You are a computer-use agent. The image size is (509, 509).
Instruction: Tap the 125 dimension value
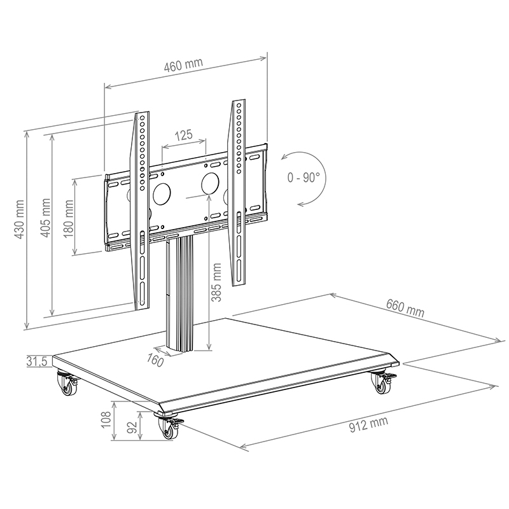(x=184, y=135)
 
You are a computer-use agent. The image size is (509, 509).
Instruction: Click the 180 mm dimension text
(x=68, y=216)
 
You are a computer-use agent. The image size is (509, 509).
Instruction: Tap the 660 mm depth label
(x=405, y=307)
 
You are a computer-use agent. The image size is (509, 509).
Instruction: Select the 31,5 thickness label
(x=38, y=361)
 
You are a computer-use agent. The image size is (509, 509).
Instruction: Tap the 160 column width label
(x=155, y=361)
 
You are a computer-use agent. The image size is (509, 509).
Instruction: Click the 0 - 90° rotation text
(x=303, y=178)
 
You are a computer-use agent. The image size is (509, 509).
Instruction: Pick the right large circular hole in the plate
(x=211, y=183)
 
